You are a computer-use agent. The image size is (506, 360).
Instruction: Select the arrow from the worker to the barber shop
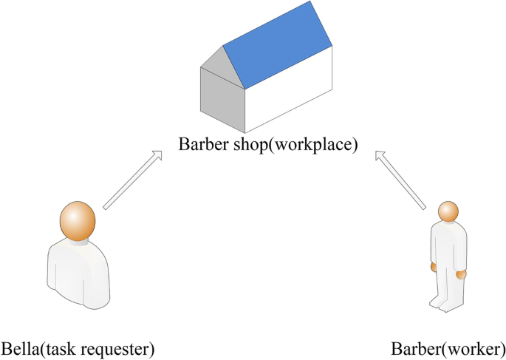click(402, 179)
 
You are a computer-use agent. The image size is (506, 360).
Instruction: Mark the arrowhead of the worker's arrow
click(380, 156)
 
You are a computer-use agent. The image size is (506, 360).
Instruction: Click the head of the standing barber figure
click(448, 211)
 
